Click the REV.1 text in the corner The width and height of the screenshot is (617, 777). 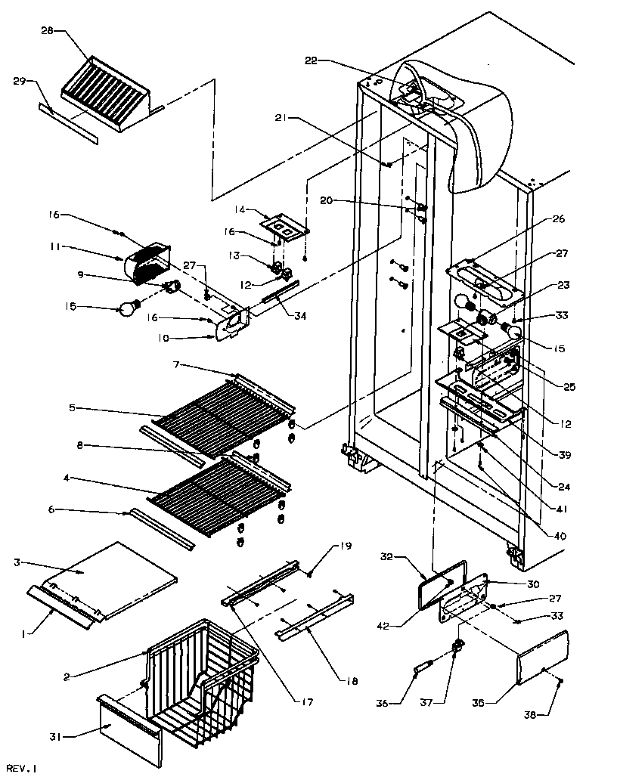(x=19, y=768)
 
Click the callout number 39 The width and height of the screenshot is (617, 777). (x=563, y=454)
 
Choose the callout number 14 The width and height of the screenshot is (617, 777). (x=241, y=209)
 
